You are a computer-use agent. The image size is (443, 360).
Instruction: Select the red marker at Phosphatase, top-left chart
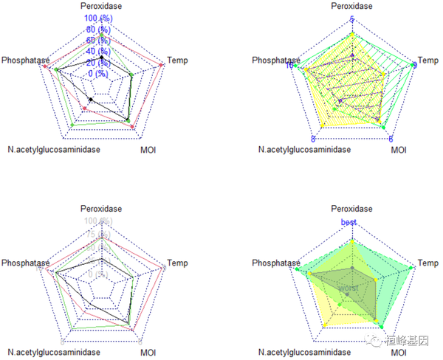point(46,67)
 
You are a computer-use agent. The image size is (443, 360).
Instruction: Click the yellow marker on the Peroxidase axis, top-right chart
point(352,34)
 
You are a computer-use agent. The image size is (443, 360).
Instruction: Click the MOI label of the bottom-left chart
point(148,353)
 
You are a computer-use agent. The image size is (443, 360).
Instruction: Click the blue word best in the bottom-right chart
point(348,222)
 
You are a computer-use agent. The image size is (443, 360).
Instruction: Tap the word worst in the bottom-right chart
point(347,287)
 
